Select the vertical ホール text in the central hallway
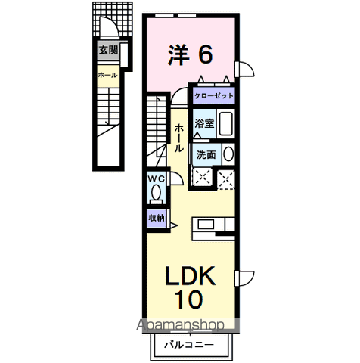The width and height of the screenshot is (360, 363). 179,137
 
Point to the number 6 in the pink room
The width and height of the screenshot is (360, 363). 205,54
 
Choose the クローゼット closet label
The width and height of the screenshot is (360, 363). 213,96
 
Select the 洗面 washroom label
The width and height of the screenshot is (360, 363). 206,154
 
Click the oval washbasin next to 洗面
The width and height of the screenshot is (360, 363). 228,154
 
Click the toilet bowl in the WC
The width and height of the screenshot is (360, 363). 156,194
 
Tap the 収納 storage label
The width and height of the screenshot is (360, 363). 156,218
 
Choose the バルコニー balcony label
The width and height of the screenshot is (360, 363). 189,346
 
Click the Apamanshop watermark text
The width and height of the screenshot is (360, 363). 181,326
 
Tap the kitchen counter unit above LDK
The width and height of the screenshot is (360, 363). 217,224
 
